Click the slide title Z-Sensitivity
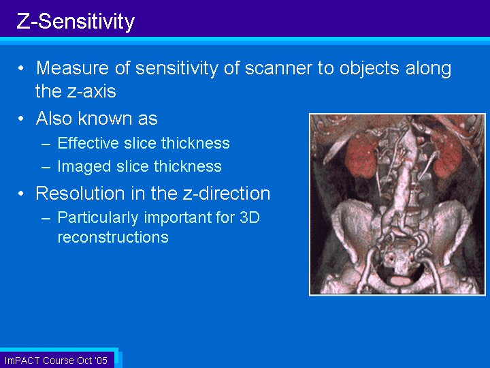click(76, 22)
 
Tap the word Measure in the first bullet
click(73, 68)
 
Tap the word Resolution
click(80, 193)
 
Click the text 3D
click(250, 217)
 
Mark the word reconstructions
click(113, 237)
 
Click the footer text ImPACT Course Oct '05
click(56, 361)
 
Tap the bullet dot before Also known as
click(21, 119)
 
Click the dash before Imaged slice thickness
click(46, 168)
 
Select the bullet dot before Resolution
click(21, 194)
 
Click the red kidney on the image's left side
click(361, 157)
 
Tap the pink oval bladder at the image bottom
click(402, 280)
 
